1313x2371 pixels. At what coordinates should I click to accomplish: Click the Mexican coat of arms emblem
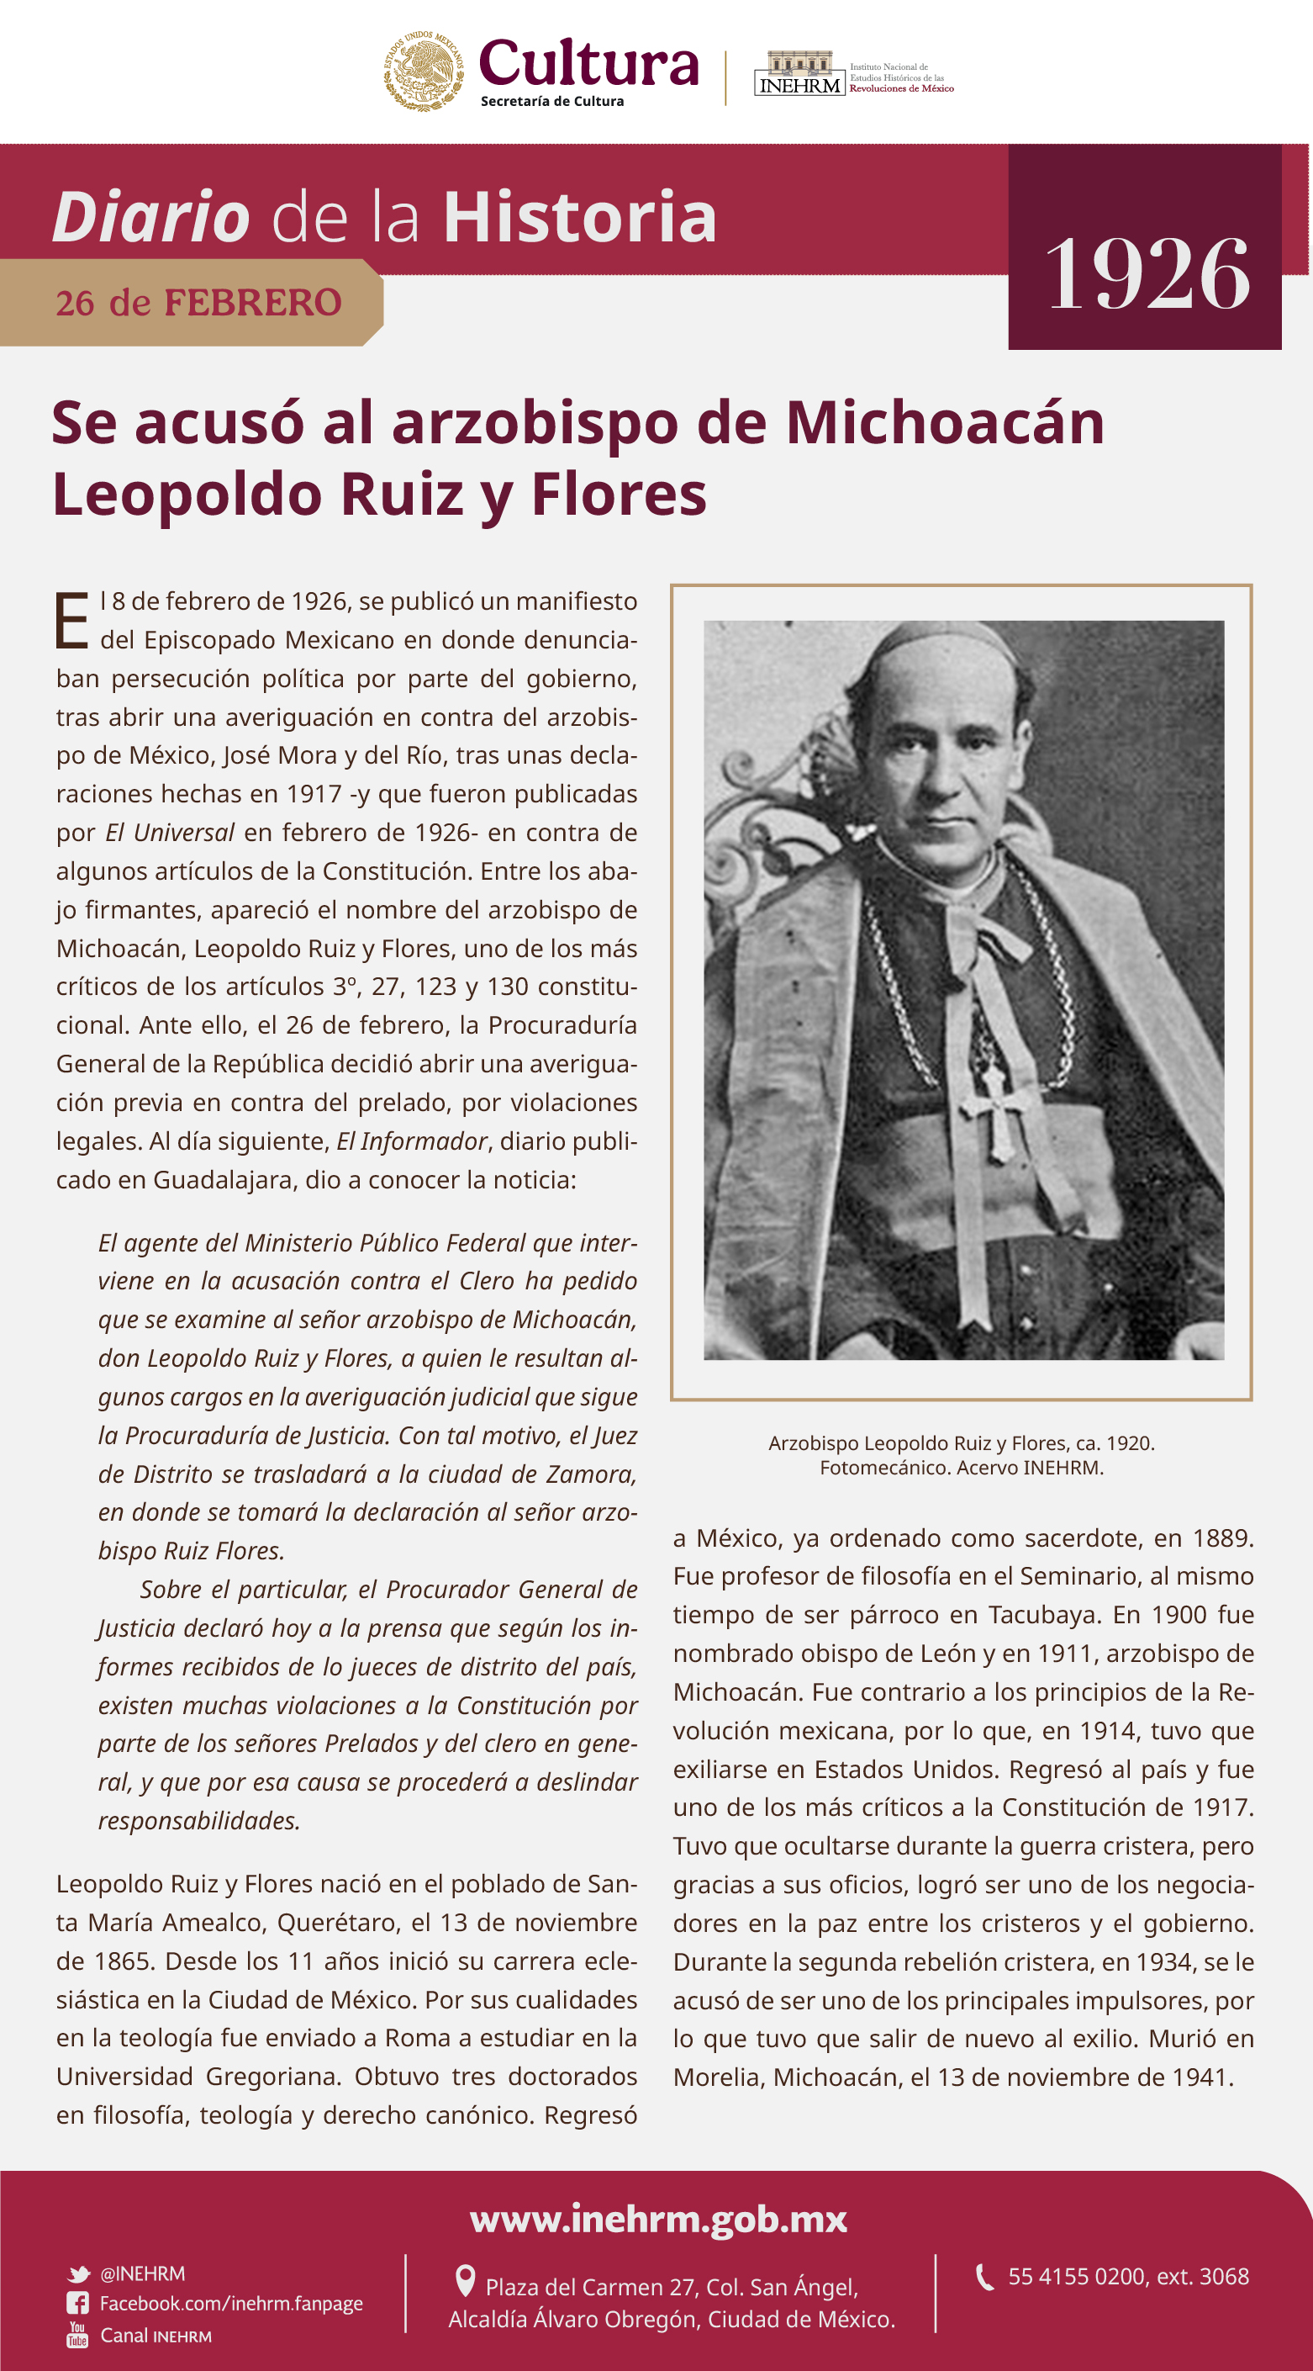[x=424, y=71]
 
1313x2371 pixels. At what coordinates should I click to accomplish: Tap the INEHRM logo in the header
[x=799, y=74]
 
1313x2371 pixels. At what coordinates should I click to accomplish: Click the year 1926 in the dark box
[x=1147, y=273]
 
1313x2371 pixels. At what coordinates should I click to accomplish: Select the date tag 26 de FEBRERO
[x=198, y=303]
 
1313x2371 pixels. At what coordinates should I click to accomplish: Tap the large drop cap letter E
[x=71, y=622]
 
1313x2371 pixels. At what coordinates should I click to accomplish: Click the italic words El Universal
[x=169, y=833]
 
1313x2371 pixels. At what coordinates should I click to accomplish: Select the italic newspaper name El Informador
[x=411, y=1141]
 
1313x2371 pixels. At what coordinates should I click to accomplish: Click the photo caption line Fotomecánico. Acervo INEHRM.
[x=962, y=1467]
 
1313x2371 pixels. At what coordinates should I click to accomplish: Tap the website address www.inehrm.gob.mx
[x=658, y=2218]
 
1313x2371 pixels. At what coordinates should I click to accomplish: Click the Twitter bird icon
[x=78, y=2274]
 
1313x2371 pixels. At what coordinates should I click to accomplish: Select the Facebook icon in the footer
[x=77, y=2303]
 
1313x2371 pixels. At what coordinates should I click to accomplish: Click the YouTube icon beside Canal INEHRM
[x=77, y=2334]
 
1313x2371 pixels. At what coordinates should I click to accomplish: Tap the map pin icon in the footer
[x=466, y=2281]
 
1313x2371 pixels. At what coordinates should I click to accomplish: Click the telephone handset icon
[x=984, y=2276]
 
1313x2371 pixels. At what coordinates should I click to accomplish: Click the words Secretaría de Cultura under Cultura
[x=552, y=101]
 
